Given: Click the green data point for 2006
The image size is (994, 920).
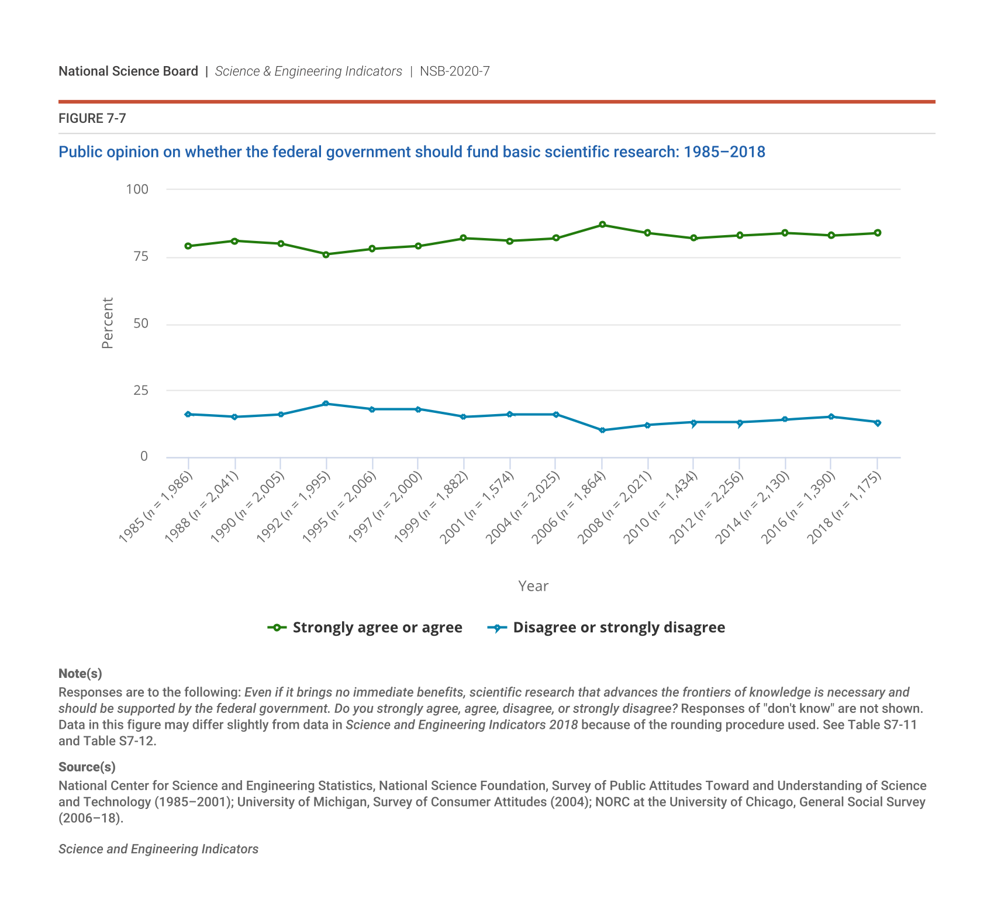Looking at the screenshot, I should click(x=602, y=225).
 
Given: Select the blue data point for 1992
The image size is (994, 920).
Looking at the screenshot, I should click(x=326, y=404).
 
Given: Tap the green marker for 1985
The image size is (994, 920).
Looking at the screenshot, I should click(x=188, y=246).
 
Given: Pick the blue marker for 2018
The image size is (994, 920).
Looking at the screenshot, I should click(x=877, y=422).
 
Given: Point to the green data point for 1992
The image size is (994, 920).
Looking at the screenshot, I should click(x=326, y=254).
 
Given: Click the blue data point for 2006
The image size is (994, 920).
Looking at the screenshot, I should click(x=602, y=430).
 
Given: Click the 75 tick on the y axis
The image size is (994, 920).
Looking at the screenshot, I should click(x=140, y=257).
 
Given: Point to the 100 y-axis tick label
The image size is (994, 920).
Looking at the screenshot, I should click(x=137, y=189).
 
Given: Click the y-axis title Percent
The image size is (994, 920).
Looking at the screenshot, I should click(x=108, y=323).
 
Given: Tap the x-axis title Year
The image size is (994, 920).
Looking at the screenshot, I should click(x=533, y=586).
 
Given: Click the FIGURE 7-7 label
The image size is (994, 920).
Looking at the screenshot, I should click(x=92, y=119).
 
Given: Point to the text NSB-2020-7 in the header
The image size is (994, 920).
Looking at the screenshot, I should click(x=454, y=71).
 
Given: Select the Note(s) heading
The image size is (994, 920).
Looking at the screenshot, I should click(x=80, y=674).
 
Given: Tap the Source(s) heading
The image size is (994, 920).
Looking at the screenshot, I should click(x=87, y=767).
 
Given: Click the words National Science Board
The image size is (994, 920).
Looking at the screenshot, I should click(x=128, y=71).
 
